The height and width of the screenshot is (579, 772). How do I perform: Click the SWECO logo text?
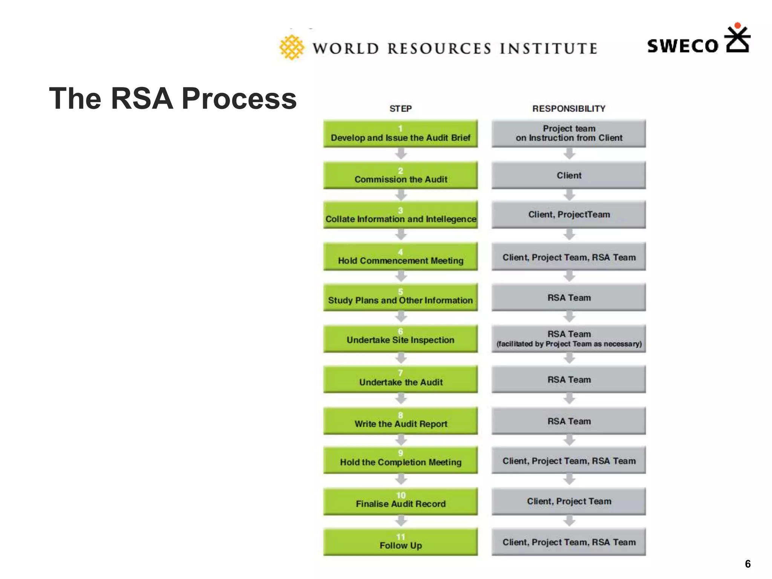click(683, 46)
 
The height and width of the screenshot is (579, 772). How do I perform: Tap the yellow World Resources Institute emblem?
click(291, 47)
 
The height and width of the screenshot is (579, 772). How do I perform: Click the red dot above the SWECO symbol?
click(738, 26)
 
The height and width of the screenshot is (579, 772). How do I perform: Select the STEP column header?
click(400, 109)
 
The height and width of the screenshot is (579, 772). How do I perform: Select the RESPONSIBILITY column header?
click(568, 109)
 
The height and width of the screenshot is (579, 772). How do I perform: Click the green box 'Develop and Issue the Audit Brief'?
click(400, 134)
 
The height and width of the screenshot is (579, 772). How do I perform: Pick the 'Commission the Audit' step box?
click(400, 175)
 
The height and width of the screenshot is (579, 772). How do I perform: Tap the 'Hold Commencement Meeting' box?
click(400, 257)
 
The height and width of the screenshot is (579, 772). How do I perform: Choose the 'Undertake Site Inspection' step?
click(400, 339)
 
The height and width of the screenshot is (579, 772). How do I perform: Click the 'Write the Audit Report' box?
click(400, 421)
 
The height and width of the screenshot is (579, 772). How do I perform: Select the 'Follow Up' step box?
click(400, 542)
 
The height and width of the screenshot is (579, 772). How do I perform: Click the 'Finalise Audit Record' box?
click(400, 501)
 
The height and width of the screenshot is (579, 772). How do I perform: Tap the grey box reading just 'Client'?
click(568, 175)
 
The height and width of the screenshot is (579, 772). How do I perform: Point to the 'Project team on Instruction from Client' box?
click(568, 133)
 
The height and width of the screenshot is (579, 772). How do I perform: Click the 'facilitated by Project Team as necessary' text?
click(568, 344)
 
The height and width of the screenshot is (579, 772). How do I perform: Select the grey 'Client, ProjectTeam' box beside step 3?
click(568, 214)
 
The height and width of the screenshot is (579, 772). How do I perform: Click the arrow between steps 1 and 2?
click(401, 153)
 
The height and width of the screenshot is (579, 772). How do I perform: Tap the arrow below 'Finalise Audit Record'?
click(401, 521)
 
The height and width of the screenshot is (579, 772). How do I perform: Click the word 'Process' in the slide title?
click(239, 99)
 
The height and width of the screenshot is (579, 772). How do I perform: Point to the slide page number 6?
click(747, 564)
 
